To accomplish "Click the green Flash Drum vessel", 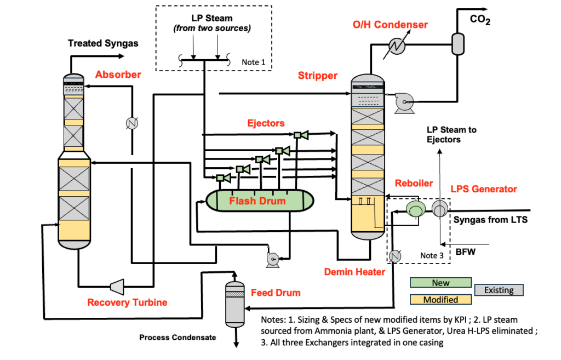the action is pos(260,201).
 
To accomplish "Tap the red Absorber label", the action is pos(118,75).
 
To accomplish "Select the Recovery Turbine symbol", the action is pos(117,286).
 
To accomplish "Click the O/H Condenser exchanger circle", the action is pos(397,45).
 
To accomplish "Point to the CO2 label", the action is pos(480,19).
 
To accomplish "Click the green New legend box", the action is pos(440,282).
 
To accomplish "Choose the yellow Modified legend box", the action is pos(440,299).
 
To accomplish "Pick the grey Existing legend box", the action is pos(499,290).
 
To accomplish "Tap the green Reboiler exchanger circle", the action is pos(416,209).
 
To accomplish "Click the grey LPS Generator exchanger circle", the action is pos(440,209).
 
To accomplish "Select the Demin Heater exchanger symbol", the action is pos(395,256).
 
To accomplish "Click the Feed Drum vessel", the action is pos(234,304).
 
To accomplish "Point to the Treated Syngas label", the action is pos(103,43).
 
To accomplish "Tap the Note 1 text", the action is pos(253,62).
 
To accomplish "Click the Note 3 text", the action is pos(432,255).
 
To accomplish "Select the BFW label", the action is pos(466,252).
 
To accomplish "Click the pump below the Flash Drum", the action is pos(273,259).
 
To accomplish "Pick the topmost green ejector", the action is pos(301,135).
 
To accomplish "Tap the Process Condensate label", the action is pos(178,338).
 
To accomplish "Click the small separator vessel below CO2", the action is pos(457,44).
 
